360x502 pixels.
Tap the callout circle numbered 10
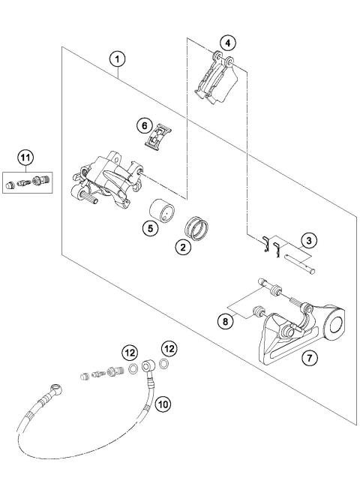164,404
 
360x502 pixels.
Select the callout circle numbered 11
26,157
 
